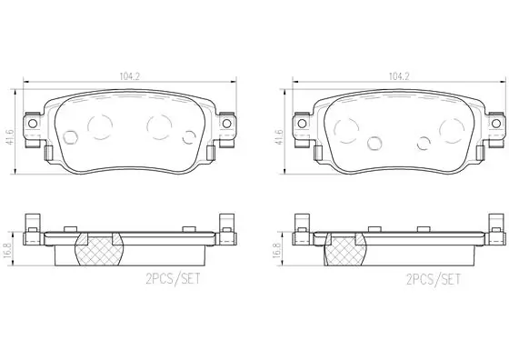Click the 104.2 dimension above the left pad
point(129,76)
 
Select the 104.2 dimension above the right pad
point(399,76)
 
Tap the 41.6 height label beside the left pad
point(10,137)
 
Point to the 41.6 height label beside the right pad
point(279,137)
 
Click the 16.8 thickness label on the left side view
point(6,250)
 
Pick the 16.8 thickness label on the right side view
point(276,250)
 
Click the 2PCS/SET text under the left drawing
point(173,279)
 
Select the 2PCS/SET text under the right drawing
point(434,279)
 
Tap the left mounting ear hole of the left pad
point(33,124)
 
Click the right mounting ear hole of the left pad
point(226,124)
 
